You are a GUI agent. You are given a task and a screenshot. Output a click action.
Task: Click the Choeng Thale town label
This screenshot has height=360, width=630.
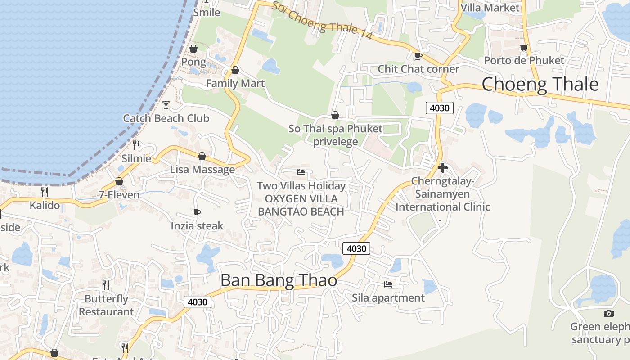click(540, 85)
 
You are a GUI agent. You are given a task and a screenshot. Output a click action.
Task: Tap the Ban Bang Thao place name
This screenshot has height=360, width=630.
click(279, 280)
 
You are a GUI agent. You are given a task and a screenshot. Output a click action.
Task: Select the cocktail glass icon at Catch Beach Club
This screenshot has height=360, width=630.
click(166, 105)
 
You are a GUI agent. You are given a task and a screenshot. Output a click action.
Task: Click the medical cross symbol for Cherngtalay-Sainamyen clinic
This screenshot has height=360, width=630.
click(443, 168)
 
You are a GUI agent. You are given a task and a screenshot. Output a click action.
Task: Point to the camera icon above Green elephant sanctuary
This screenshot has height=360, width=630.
click(608, 313)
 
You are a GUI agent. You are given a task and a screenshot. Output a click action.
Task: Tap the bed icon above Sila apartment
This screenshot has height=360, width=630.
click(388, 284)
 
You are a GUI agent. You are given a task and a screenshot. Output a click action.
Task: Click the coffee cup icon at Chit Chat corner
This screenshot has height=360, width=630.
click(418, 56)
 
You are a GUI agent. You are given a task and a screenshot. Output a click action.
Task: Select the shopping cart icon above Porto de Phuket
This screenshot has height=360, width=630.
click(524, 47)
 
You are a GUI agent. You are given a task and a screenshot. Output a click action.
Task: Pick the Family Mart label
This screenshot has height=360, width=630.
click(235, 83)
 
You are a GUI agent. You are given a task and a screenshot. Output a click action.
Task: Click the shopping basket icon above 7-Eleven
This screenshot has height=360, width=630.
click(119, 181)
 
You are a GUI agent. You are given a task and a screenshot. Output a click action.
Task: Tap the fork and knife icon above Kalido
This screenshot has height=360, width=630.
click(45, 192)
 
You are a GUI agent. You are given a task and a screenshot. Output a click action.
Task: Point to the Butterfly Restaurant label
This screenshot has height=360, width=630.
click(106, 305)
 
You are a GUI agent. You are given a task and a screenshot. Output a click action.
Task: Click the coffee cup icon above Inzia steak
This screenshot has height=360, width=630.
click(197, 212)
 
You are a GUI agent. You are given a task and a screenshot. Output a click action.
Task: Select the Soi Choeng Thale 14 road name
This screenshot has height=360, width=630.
click(322, 20)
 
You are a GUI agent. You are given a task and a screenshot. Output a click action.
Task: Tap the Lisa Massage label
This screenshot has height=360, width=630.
click(202, 170)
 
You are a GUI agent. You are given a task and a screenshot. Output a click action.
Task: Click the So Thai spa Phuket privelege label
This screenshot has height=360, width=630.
click(335, 135)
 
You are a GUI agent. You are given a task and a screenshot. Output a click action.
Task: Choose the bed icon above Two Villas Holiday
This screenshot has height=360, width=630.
click(301, 172)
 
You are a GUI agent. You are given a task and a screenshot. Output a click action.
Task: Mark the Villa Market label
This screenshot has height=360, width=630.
click(490, 8)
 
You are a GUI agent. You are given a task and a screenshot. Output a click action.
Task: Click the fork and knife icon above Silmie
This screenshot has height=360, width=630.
click(136, 145)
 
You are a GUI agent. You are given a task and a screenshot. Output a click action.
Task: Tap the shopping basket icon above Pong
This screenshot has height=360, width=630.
click(193, 49)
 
